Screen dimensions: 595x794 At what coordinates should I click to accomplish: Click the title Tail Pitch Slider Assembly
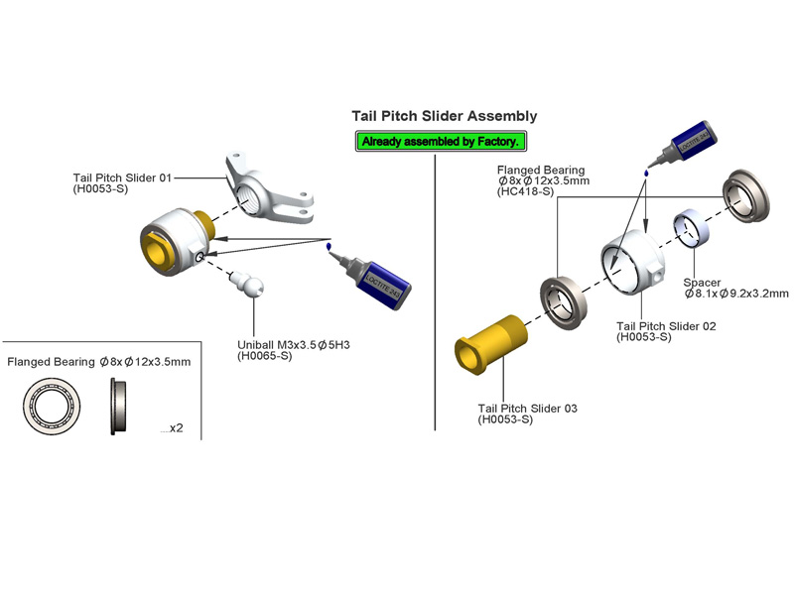[445, 116]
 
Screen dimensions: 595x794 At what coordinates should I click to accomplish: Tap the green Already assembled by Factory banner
[441, 142]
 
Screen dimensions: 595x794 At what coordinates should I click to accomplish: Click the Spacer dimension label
[736, 288]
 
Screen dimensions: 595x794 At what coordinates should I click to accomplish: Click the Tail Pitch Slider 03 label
[527, 409]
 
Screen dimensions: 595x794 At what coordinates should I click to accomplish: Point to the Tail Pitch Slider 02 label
[665, 325]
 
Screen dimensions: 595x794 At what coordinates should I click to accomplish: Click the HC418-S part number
[526, 192]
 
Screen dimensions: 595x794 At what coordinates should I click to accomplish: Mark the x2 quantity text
[175, 428]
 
